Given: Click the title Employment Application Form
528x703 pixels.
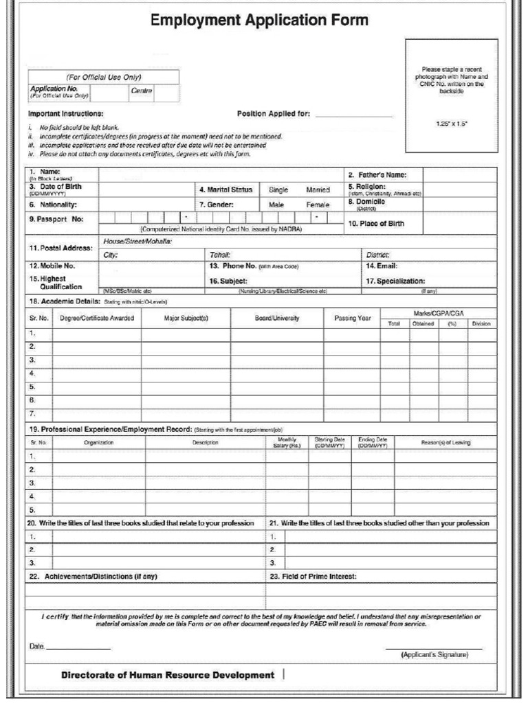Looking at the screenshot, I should coord(259,21).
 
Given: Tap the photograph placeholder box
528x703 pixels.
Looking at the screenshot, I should coord(451,95).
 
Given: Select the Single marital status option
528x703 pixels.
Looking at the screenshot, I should coord(278,190).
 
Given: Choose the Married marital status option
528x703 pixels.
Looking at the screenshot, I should coord(318,190).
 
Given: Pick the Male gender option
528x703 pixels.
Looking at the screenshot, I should coord(276,205).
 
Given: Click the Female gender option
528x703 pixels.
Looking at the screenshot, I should coord(318,205).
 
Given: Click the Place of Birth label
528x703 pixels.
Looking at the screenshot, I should coord(376,224).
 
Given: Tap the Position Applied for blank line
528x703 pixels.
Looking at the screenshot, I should coord(353,115).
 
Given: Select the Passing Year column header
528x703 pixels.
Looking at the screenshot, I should coord(352,319).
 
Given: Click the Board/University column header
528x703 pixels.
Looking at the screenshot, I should coord(276,319).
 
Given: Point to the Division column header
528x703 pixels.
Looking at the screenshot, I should coord(481,324).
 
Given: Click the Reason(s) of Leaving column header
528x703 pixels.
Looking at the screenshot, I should coord(445,443).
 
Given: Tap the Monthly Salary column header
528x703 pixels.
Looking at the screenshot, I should coord(287,443).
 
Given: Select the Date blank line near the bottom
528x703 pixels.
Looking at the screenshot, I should coord(78,647).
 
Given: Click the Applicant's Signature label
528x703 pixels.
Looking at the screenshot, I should coord(434,655).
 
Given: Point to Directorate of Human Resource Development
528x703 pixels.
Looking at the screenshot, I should coord(167,675).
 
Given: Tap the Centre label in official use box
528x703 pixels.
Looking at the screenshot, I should coord(141,91).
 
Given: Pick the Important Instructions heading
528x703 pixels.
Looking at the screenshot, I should coord(65,113).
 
